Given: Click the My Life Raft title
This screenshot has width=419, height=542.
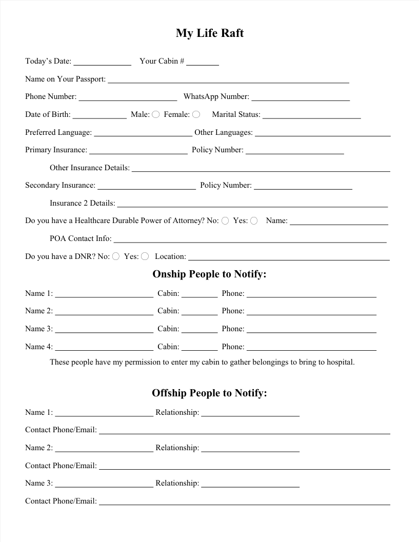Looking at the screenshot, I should click(x=209, y=33).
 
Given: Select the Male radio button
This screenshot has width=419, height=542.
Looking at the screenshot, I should click(x=155, y=114).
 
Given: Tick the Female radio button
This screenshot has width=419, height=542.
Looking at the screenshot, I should click(x=196, y=114).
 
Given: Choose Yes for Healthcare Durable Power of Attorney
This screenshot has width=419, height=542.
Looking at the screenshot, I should click(x=254, y=220).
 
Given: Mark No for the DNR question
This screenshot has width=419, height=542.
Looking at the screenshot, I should click(x=116, y=256).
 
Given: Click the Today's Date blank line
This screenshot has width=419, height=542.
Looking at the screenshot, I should click(x=103, y=62).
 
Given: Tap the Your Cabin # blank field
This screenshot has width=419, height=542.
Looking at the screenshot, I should click(x=203, y=62).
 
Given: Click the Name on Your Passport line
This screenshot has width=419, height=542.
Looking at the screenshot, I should click(x=228, y=80).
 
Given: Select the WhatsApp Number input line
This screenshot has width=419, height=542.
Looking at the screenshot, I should click(x=301, y=97).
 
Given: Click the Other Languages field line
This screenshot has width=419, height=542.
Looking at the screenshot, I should click(x=323, y=133).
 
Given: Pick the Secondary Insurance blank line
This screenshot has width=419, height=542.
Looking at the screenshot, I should click(x=147, y=186).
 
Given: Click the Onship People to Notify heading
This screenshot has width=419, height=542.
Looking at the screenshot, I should click(x=209, y=274).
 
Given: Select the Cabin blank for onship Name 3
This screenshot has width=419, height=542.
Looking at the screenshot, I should click(x=199, y=330).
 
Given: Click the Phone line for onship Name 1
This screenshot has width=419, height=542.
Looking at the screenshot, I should click(x=311, y=294).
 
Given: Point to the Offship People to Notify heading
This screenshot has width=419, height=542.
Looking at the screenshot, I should click(x=209, y=393).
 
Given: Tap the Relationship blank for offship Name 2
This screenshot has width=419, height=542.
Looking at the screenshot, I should click(x=250, y=449).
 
